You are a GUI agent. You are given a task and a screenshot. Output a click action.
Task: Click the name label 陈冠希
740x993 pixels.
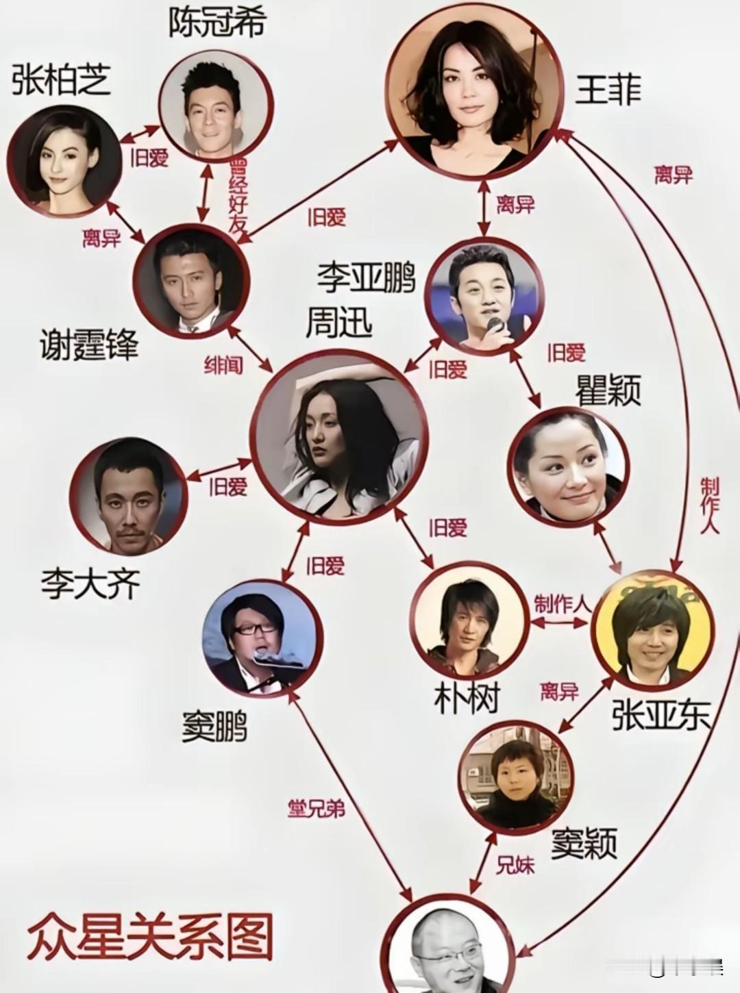pyautogui.click(x=217, y=24)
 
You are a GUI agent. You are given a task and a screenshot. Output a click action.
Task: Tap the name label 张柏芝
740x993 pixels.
pyautogui.click(x=62, y=81)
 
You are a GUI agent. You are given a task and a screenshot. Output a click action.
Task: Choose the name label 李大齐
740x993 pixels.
pyautogui.click(x=90, y=585)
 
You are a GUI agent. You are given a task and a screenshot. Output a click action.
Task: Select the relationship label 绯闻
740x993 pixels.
pyautogui.click(x=223, y=365)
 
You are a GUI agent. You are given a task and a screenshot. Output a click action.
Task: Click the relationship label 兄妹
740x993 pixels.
pyautogui.click(x=515, y=865)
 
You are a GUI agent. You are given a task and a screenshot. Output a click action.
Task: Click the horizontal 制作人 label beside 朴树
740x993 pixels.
pyautogui.click(x=562, y=603)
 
